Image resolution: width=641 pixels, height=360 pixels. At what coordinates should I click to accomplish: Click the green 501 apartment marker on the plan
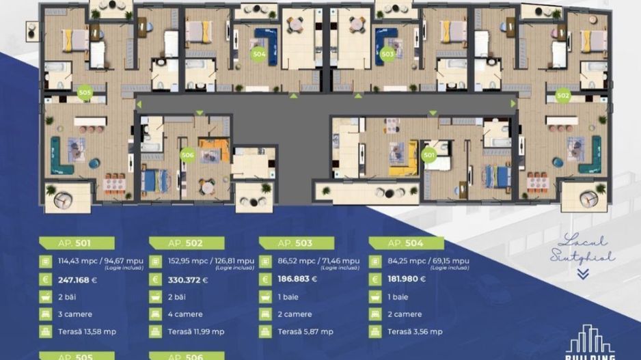429,154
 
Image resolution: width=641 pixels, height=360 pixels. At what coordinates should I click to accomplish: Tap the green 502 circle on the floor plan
562,96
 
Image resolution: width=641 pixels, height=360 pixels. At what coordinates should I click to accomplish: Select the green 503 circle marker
387,53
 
